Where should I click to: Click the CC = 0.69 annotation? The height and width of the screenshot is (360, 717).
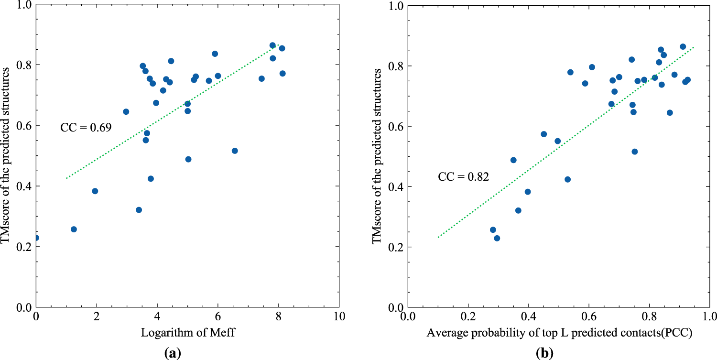point(86,128)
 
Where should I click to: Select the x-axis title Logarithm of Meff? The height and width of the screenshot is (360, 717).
point(187,333)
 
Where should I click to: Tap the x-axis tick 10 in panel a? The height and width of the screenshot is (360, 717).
point(339,317)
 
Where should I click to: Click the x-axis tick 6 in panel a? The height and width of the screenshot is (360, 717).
point(218,317)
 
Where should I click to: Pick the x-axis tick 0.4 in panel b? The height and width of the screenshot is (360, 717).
point(528,317)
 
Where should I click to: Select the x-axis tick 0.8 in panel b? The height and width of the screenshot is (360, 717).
point(649,317)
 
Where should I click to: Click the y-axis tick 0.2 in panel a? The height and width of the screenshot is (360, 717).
point(22,247)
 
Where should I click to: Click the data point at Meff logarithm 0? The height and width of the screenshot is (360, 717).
point(36,238)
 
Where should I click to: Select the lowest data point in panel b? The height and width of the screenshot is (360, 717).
point(497,238)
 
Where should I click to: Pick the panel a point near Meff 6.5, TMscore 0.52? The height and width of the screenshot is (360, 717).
point(234,151)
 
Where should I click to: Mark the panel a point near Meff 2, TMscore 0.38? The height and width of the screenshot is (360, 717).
point(95,191)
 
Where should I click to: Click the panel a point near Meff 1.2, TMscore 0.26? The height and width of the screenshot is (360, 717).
point(74,229)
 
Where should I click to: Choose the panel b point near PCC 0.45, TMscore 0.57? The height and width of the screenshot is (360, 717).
point(543,134)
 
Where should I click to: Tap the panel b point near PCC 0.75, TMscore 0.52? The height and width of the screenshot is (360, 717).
point(634,152)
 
